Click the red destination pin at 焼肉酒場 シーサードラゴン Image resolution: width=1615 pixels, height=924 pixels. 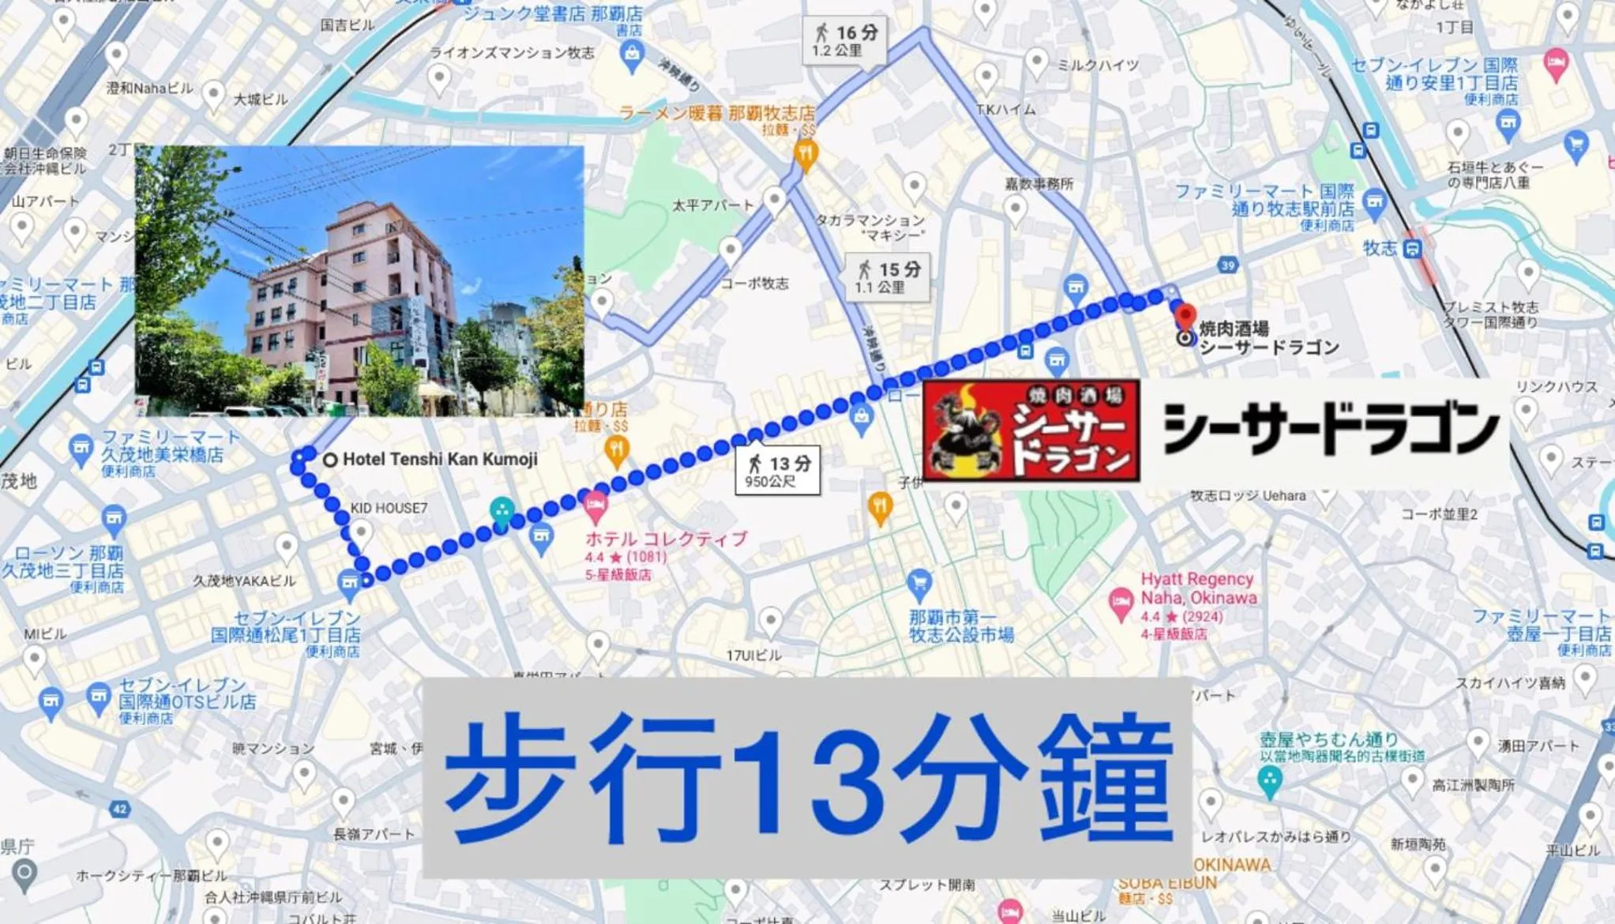click(1185, 317)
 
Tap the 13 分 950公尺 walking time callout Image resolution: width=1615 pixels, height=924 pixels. click(777, 471)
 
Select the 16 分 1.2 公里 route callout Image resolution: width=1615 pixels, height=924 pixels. click(844, 40)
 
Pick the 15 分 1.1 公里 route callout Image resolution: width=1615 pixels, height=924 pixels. click(887, 277)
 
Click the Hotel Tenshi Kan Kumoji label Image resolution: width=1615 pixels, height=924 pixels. click(439, 459)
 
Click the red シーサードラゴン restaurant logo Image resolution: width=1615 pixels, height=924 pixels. click(1031, 430)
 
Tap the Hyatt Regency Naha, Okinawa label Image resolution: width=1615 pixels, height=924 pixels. click(1197, 588)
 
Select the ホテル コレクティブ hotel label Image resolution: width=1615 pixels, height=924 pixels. click(666, 539)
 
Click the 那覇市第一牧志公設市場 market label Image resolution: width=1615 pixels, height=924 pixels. click(960, 625)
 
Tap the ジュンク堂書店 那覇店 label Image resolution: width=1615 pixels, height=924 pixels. click(552, 13)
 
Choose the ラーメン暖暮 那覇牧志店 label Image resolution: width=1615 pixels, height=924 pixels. click(716, 113)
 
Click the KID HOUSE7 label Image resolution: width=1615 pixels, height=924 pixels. click(389, 509)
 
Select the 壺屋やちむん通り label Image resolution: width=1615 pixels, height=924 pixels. click(1329, 740)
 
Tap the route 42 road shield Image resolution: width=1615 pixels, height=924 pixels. click(120, 809)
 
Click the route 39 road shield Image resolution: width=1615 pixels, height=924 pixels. click(1227, 265)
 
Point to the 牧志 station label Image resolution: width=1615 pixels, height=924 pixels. click(1380, 248)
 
